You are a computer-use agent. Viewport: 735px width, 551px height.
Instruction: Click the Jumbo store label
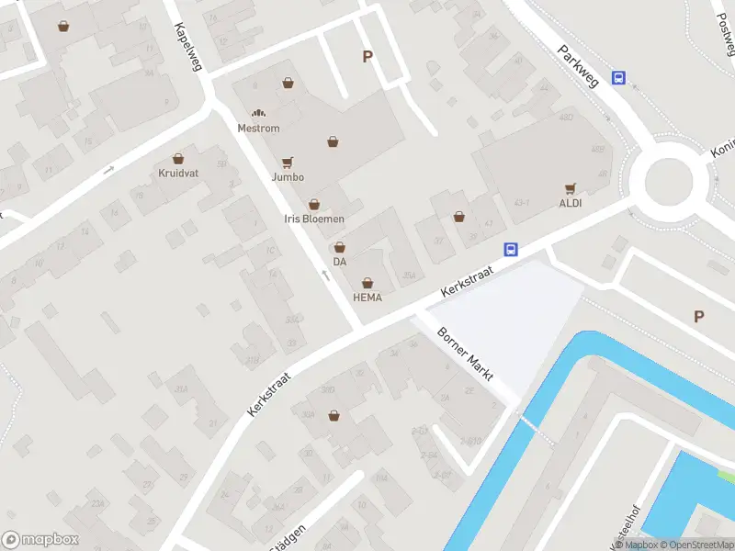click(288, 177)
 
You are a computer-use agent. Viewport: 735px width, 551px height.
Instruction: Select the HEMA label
click(367, 298)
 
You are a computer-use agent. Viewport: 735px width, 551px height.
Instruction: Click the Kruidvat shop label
click(177, 173)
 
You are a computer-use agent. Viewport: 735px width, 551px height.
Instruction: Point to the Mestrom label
click(258, 129)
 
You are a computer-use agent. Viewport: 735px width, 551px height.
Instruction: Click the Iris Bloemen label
click(313, 219)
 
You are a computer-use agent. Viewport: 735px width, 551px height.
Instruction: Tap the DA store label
click(340, 262)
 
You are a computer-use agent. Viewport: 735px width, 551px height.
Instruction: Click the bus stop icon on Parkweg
click(619, 79)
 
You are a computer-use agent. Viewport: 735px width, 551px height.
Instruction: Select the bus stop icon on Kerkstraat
click(511, 249)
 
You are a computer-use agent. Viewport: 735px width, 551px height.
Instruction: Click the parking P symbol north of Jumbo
click(367, 57)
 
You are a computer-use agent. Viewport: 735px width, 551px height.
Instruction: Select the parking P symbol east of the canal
click(698, 317)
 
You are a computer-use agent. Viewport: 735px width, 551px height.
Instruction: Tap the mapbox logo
click(40, 539)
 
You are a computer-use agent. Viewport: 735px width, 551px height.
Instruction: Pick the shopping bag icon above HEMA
click(367, 283)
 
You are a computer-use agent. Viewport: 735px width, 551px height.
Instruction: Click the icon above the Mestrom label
click(258, 113)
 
